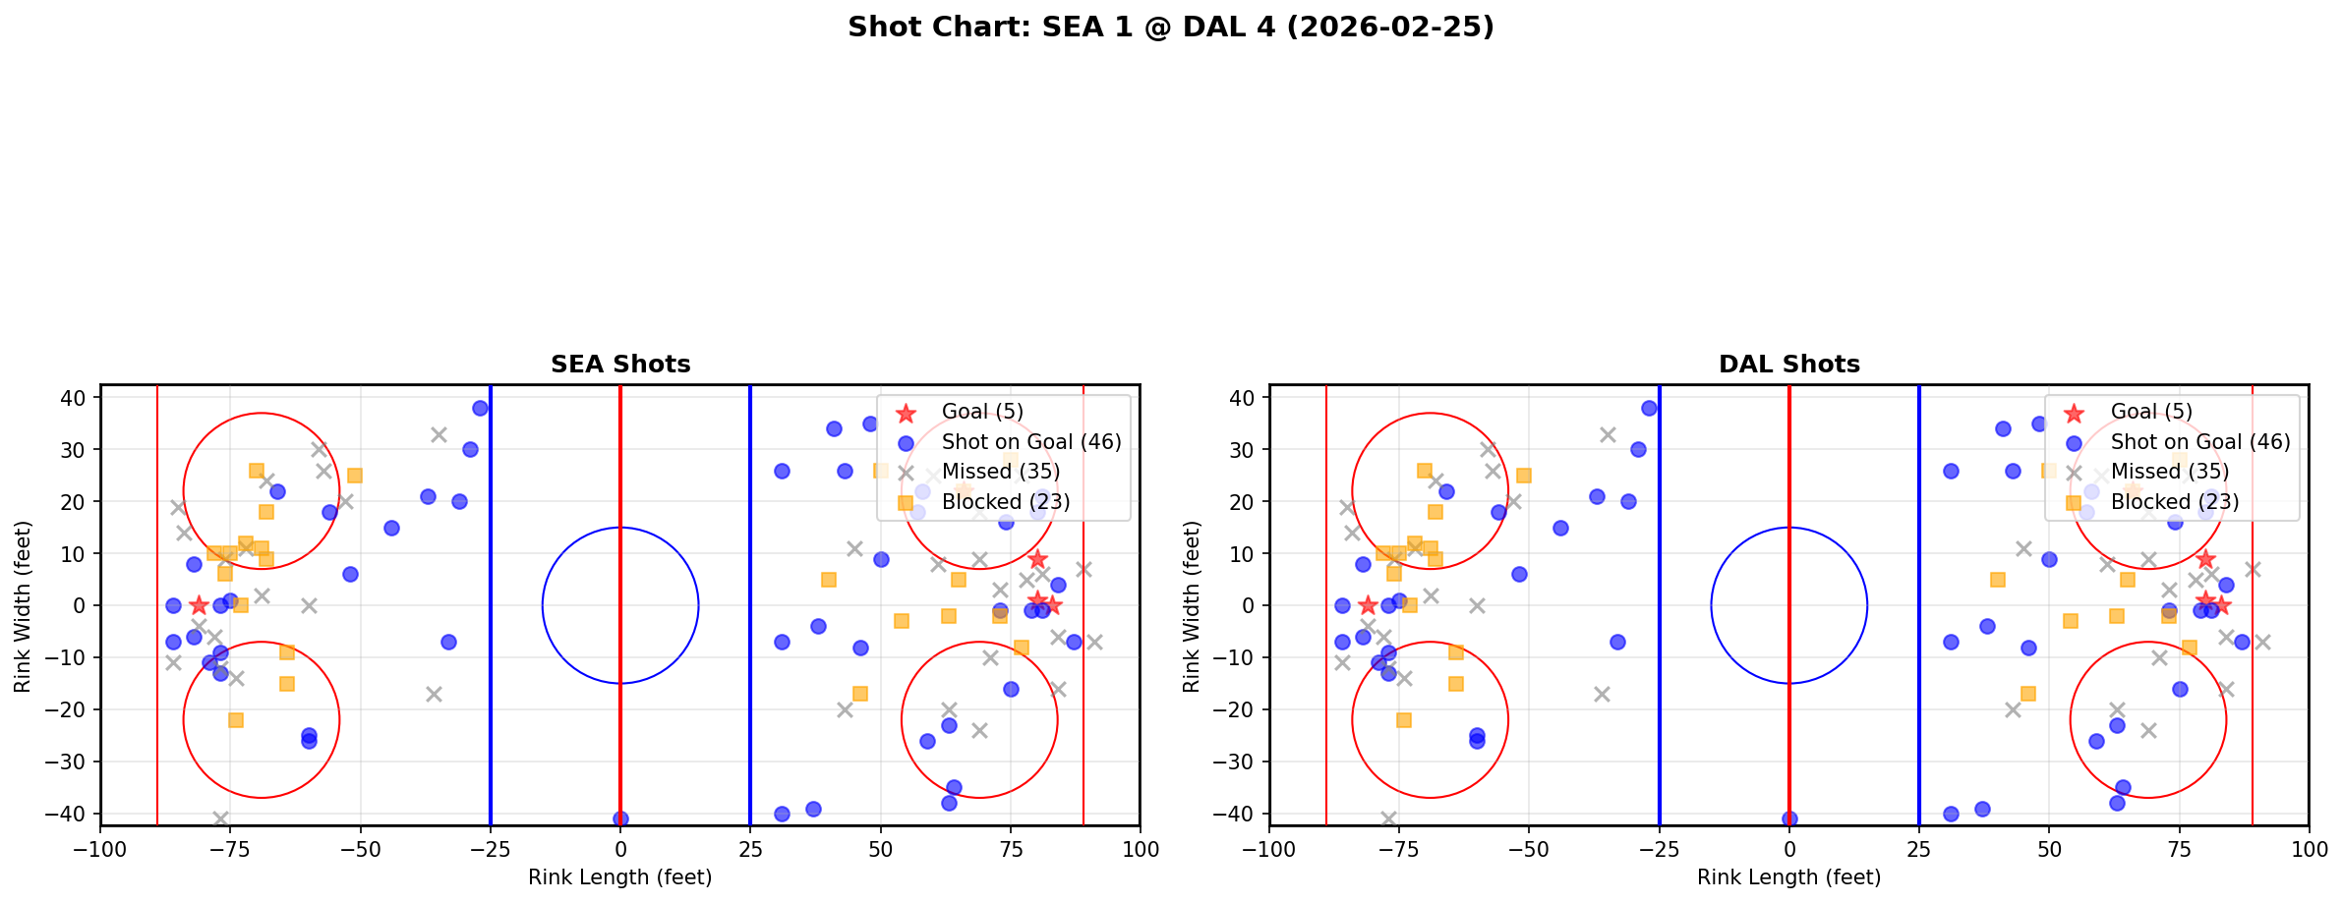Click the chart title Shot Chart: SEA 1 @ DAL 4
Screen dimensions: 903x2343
tap(1170, 28)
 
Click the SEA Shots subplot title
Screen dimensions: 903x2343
tap(620, 365)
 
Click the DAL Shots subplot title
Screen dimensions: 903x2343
tap(1788, 365)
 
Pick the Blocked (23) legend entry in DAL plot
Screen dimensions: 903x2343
tap(2174, 502)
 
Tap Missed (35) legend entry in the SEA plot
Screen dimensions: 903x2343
tap(1000, 472)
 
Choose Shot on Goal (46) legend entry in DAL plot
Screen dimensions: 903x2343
tap(2199, 442)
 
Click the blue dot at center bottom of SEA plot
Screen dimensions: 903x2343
tap(620, 818)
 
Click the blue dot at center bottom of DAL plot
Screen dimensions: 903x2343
tap(1789, 818)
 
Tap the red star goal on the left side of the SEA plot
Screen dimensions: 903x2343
tap(199, 605)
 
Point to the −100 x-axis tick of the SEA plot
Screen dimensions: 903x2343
tap(100, 848)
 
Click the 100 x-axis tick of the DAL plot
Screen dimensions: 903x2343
tap(2309, 848)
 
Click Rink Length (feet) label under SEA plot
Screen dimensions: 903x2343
tap(620, 877)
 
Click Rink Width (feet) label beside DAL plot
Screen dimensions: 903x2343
tap(1192, 605)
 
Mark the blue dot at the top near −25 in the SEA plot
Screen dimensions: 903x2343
tap(480, 408)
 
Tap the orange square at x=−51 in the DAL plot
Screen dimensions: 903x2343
tap(1523, 476)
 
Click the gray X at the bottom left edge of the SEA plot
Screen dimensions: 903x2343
tap(220, 818)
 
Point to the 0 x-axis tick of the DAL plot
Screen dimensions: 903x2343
tap(1789, 848)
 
